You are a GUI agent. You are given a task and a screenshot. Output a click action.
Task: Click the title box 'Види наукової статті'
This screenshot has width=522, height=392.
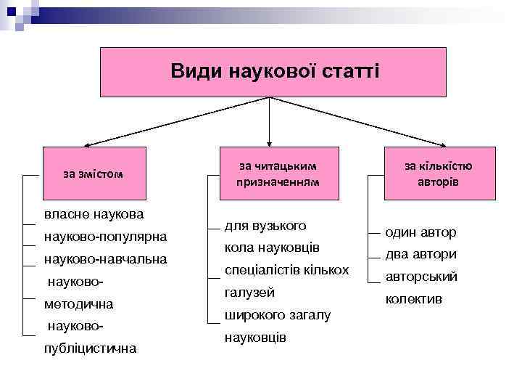pyautogui.click(x=273, y=72)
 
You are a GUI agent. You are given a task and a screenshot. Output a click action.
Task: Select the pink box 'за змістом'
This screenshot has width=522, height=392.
pyautogui.click(x=94, y=173)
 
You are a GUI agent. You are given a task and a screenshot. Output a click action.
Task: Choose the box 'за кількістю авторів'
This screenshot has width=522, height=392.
pyautogui.click(x=438, y=173)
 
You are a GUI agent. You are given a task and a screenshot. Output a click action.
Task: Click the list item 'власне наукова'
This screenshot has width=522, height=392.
pyautogui.click(x=94, y=214)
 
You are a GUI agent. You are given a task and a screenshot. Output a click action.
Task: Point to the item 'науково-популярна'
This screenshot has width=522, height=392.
pyautogui.click(x=105, y=237)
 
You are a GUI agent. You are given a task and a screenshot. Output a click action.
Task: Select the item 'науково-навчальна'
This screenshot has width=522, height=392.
pyautogui.click(x=105, y=258)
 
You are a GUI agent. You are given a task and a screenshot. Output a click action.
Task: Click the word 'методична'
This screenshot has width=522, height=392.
pyautogui.click(x=73, y=303)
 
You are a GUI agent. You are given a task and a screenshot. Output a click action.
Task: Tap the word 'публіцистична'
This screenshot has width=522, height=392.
pyautogui.click(x=90, y=348)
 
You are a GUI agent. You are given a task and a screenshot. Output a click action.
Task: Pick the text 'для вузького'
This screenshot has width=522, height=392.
pyautogui.click(x=265, y=226)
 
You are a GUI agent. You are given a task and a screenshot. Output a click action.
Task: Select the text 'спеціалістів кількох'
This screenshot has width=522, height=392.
pyautogui.click(x=286, y=270)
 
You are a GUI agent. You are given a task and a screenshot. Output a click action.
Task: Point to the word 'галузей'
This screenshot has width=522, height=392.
pyautogui.click(x=249, y=293)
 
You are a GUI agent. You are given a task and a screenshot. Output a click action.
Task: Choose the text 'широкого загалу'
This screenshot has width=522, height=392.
pyautogui.click(x=277, y=315)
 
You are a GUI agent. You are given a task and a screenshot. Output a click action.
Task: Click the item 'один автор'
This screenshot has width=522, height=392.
pyautogui.click(x=420, y=232)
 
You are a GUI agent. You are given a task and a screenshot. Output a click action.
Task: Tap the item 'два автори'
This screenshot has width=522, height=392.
pyautogui.click(x=420, y=254)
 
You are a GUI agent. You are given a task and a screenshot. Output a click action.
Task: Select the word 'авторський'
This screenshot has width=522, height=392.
pyautogui.click(x=421, y=277)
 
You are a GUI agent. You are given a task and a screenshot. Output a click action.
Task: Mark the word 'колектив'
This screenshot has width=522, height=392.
pyautogui.click(x=414, y=299)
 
